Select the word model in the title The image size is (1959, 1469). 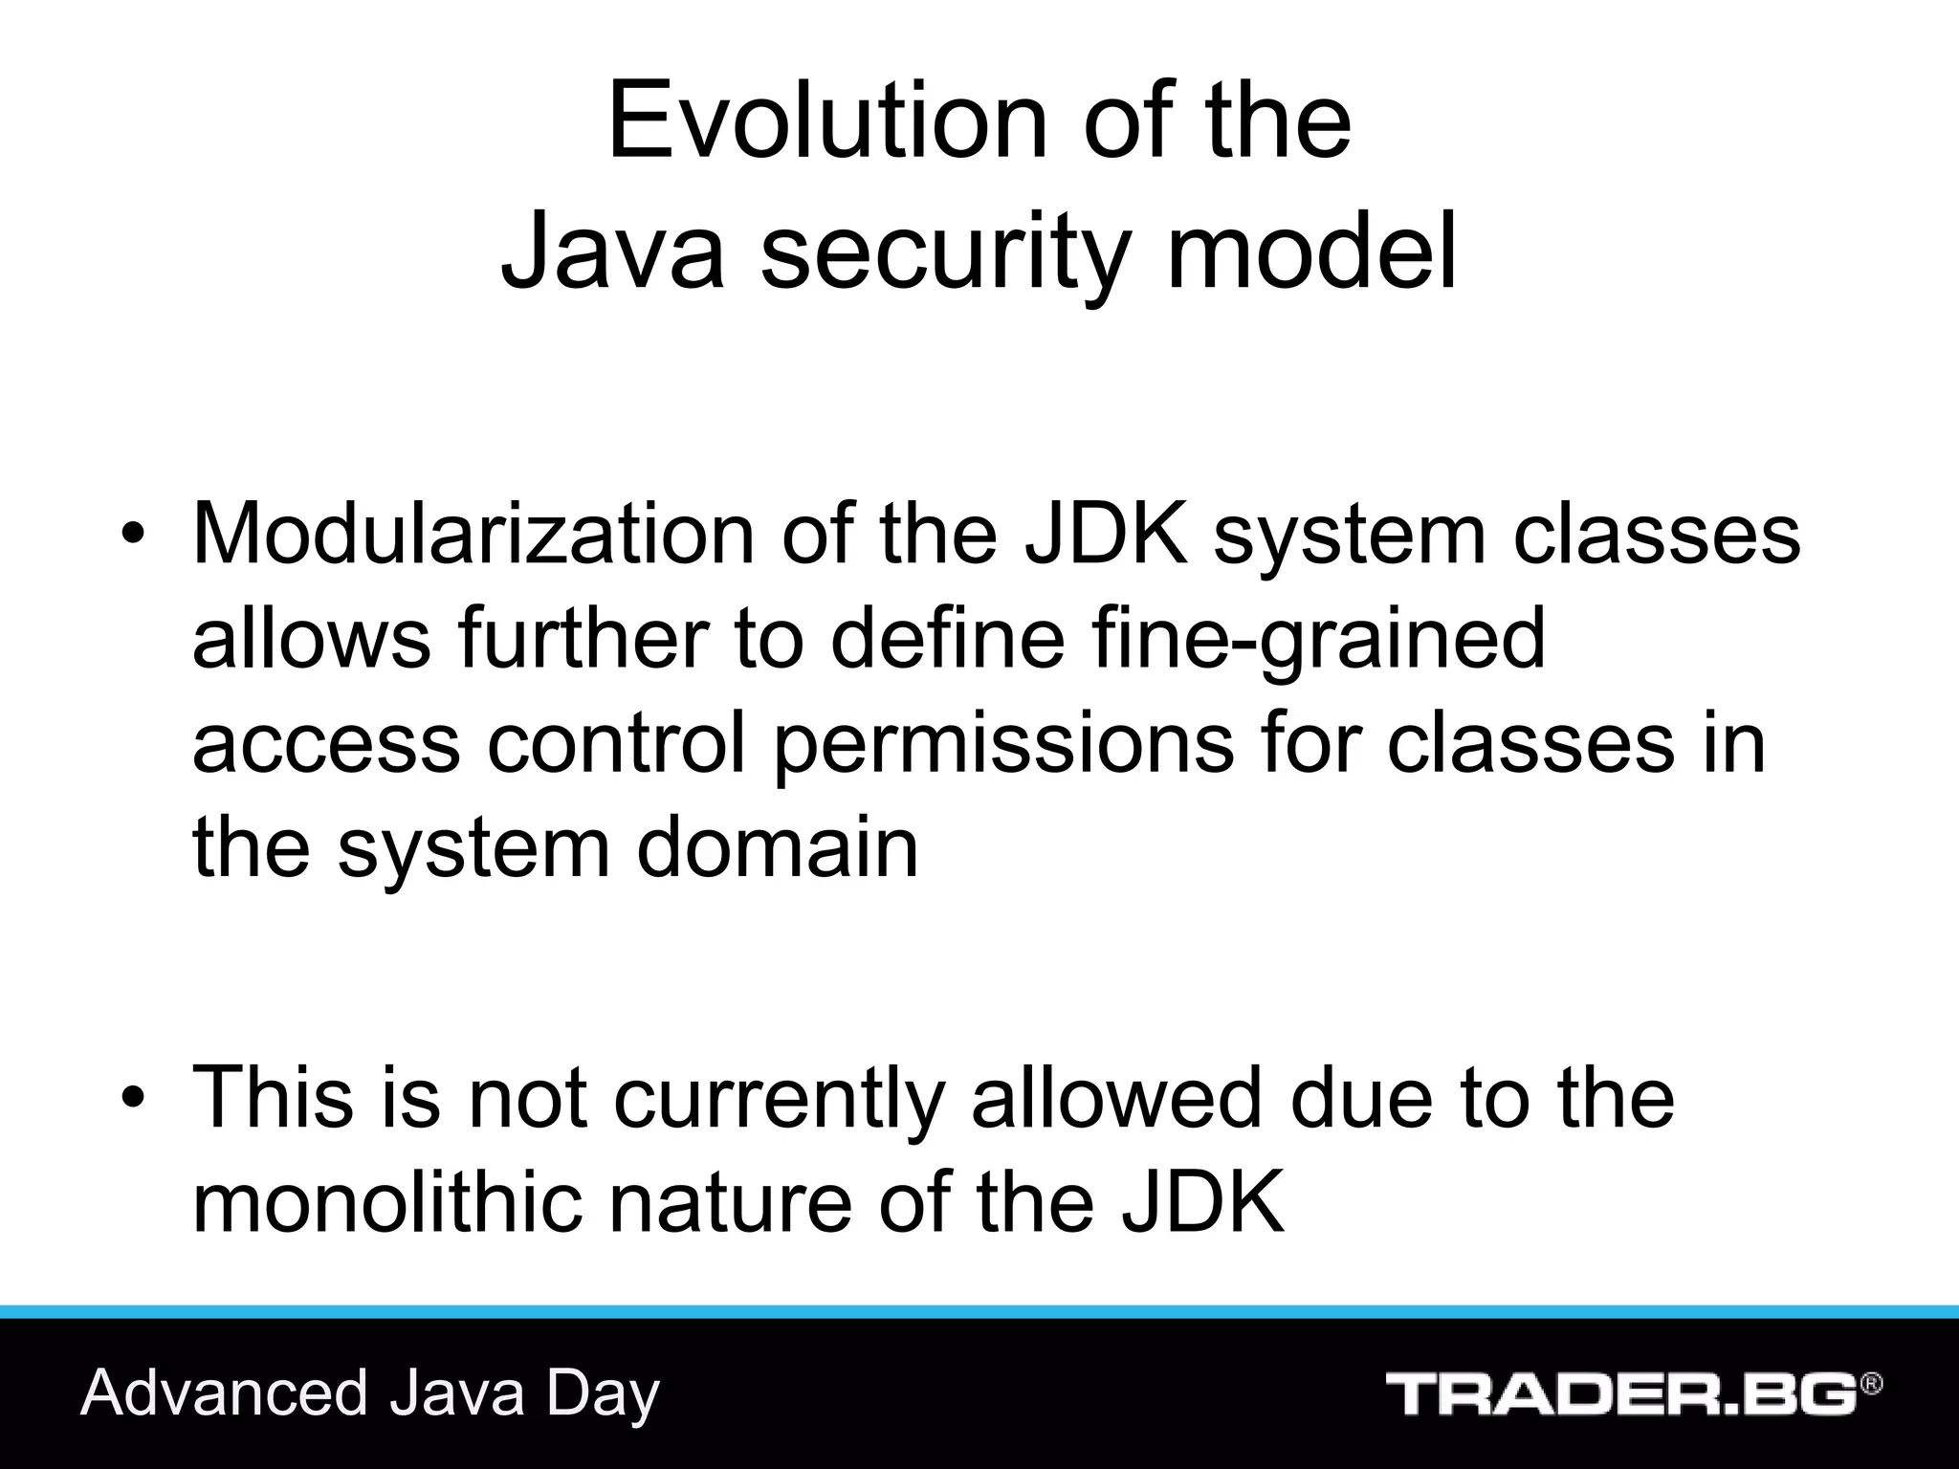click(1310, 251)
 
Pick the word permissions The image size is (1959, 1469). click(1002, 745)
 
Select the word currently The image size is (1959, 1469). click(779, 1100)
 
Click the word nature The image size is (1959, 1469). click(730, 1203)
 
